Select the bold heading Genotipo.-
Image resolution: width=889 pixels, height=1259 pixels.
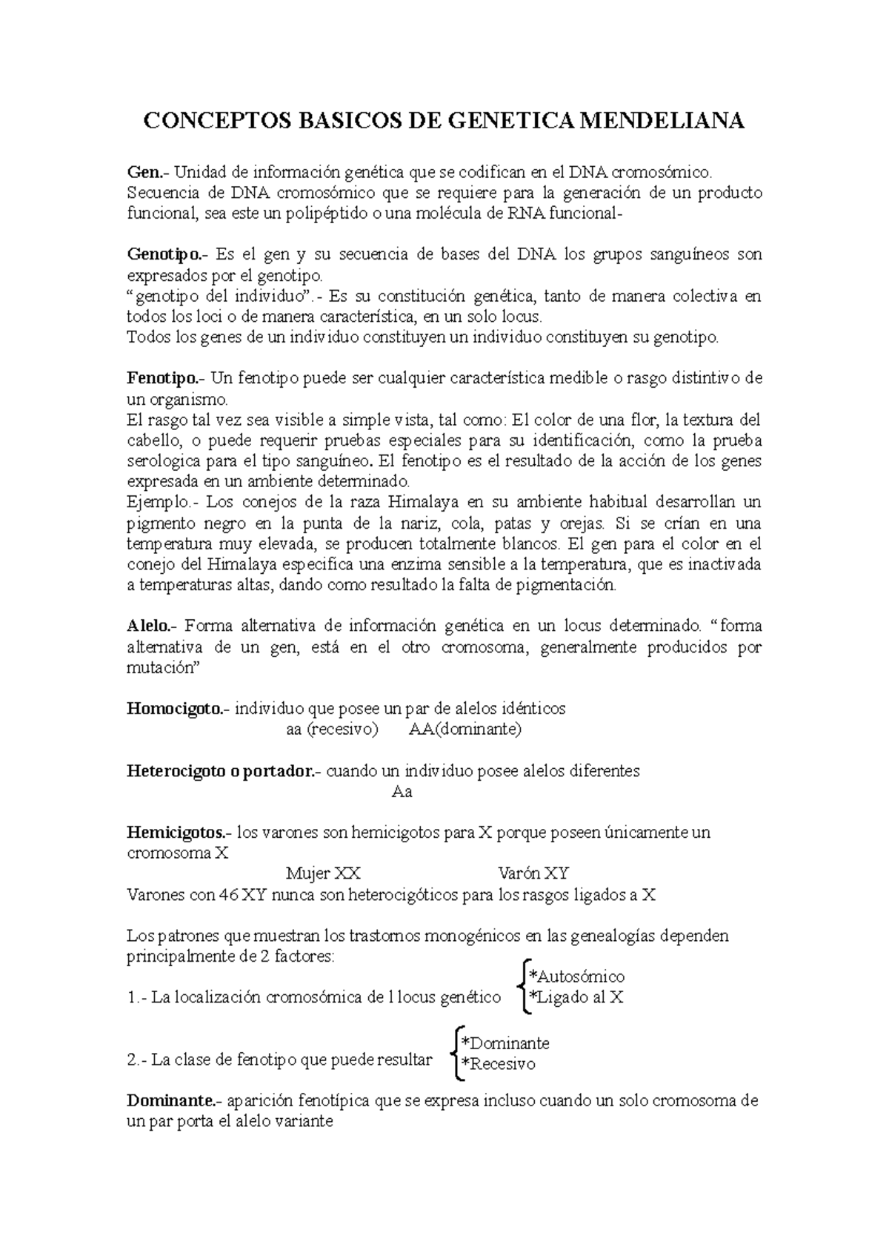click(x=168, y=255)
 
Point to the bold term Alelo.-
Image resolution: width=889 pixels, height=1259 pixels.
click(x=152, y=627)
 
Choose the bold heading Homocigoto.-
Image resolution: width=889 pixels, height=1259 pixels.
click(x=179, y=709)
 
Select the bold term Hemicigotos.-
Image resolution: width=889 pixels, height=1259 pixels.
click(x=180, y=833)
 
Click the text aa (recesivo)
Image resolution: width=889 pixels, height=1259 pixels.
click(x=332, y=730)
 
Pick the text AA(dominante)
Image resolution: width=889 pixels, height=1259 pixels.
click(x=465, y=730)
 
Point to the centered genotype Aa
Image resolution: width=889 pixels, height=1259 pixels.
click(x=402, y=792)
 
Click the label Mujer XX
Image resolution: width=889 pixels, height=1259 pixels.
click(x=324, y=874)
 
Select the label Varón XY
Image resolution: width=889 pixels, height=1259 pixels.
click(x=533, y=874)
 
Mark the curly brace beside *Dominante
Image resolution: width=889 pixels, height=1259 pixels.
click(x=455, y=1053)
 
